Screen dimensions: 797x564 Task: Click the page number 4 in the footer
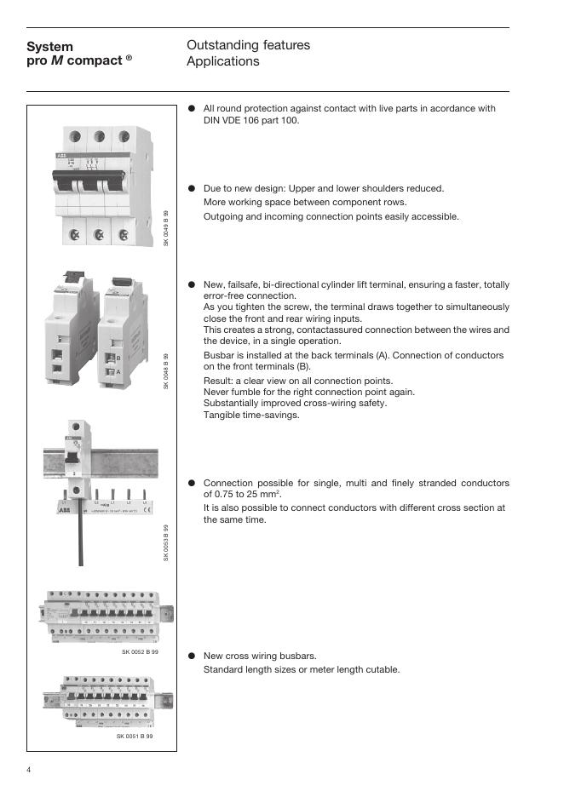pyautogui.click(x=28, y=771)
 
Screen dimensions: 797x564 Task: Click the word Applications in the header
pyautogui.click(x=222, y=61)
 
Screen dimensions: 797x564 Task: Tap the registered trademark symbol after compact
pyautogui.click(x=129, y=58)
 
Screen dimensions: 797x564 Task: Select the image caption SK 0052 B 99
pyautogui.click(x=140, y=651)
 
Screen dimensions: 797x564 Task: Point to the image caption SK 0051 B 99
pyautogui.click(x=135, y=735)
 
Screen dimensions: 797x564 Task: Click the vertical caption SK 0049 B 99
pyautogui.click(x=167, y=229)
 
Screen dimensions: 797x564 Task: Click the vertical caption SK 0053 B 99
pyautogui.click(x=167, y=542)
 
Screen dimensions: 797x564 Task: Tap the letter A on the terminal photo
pyautogui.click(x=119, y=372)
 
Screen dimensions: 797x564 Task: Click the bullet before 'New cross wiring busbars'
pyautogui.click(x=193, y=656)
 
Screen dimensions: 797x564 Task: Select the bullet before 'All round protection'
pyautogui.click(x=193, y=109)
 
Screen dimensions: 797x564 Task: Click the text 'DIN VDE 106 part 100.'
pyautogui.click(x=251, y=120)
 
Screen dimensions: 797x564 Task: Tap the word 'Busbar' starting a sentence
pyautogui.click(x=219, y=355)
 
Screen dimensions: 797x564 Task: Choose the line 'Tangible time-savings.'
pyautogui.click(x=251, y=416)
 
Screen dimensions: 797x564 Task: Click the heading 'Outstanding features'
pyautogui.click(x=248, y=45)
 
